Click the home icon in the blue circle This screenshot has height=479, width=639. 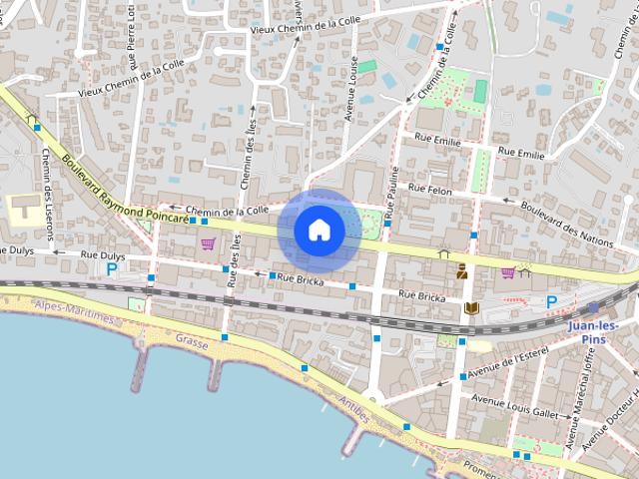pos(319,231)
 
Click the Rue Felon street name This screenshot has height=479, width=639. pos(430,189)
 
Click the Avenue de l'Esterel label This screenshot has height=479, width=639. pos(508,364)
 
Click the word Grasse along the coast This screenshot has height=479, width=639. pos(192,340)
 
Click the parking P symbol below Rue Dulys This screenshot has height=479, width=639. pos(112,268)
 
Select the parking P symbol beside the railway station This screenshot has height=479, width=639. pos(551,301)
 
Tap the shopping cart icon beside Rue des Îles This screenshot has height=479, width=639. pos(208,243)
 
